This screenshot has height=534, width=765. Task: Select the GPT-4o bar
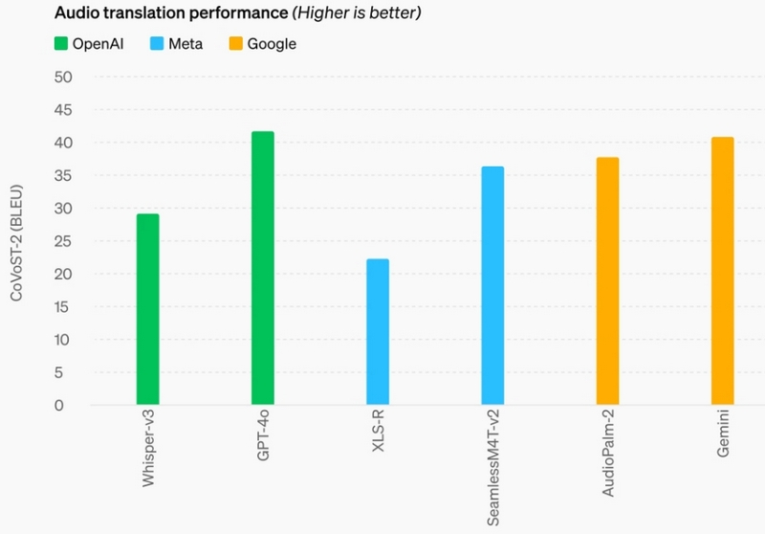click(x=263, y=268)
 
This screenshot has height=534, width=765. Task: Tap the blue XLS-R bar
click(x=378, y=332)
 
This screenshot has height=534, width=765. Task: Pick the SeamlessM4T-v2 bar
click(x=492, y=285)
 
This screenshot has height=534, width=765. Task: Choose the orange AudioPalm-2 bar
click(x=607, y=281)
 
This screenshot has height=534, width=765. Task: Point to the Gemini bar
click(x=722, y=271)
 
